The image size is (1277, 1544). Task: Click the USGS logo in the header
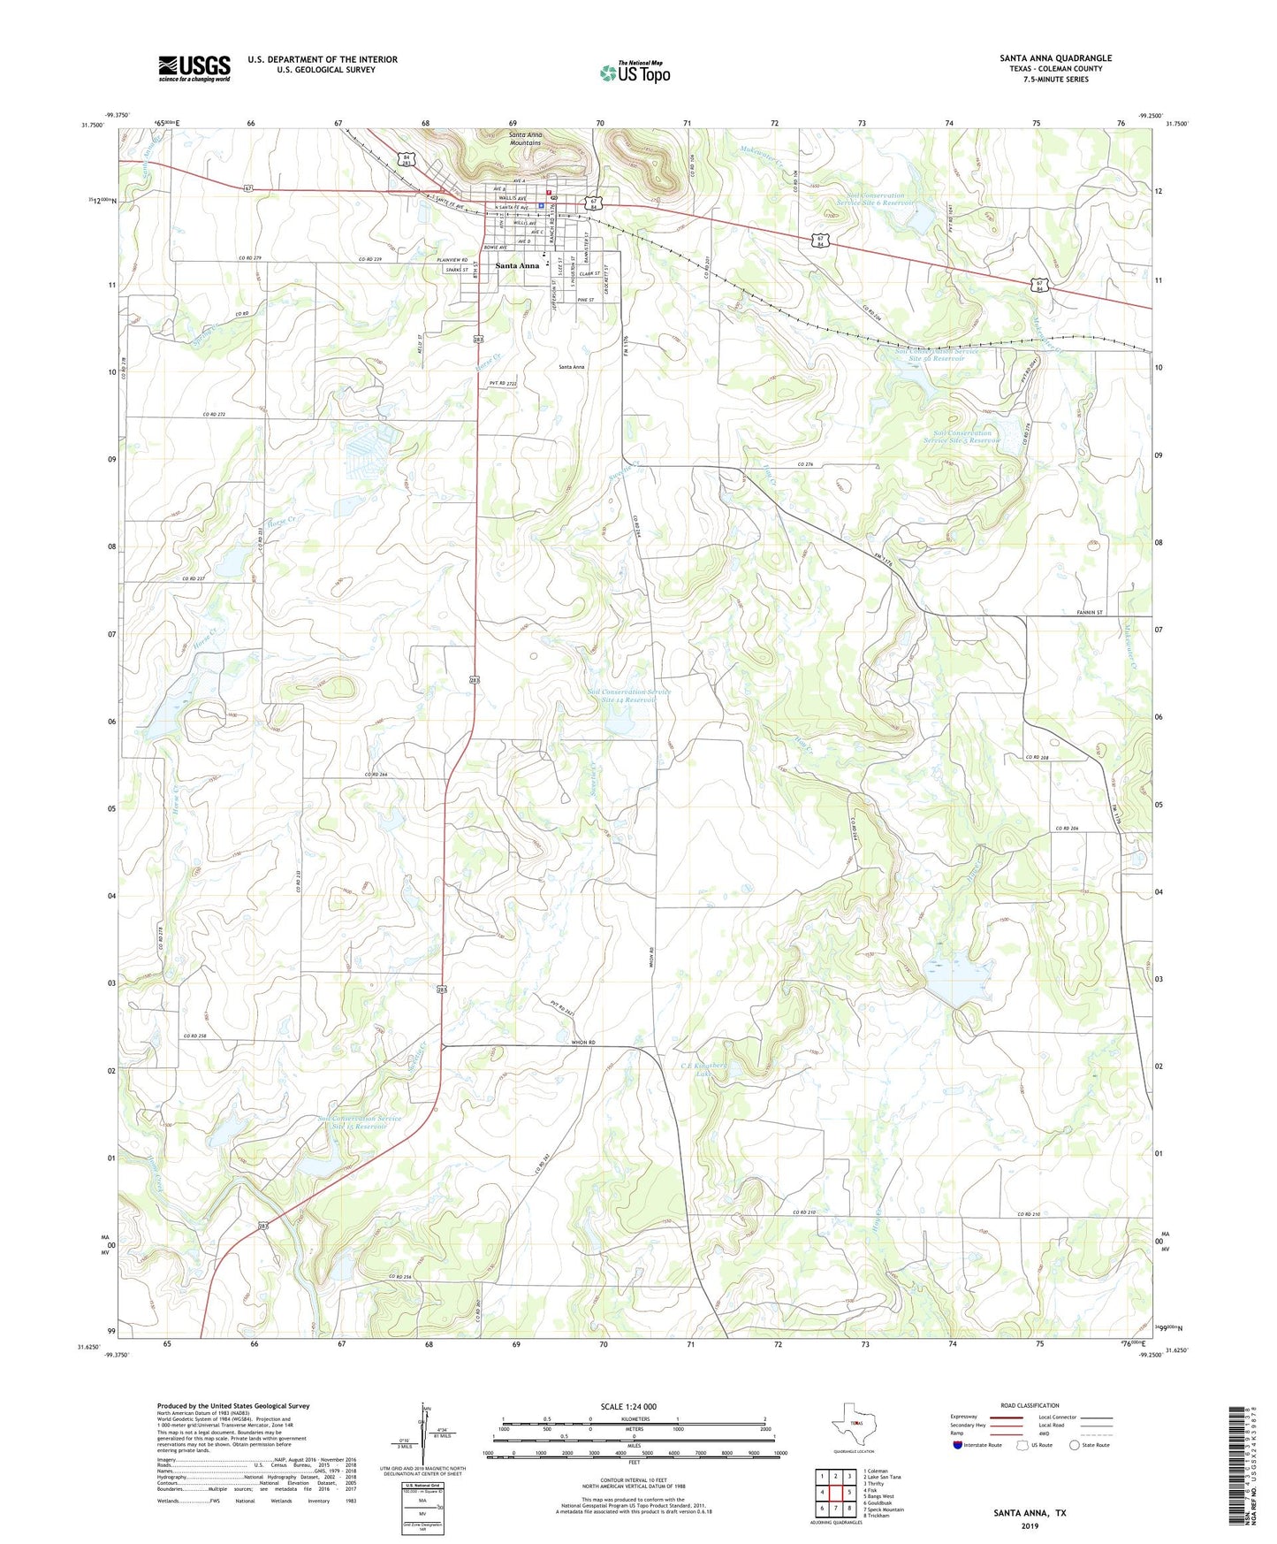click(x=194, y=68)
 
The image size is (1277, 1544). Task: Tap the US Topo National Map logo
click(x=634, y=72)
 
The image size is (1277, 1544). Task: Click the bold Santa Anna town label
click(x=516, y=265)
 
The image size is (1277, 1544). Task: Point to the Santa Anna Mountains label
click(x=526, y=139)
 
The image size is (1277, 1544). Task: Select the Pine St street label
click(x=585, y=300)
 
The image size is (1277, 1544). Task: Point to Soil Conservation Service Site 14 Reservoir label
click(x=629, y=696)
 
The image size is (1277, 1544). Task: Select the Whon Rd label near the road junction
click(x=583, y=1043)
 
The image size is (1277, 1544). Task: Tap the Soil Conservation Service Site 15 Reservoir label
click(x=360, y=1122)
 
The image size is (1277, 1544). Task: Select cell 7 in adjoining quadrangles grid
click(x=835, y=1509)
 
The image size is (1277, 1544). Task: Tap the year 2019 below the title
click(x=1030, y=1526)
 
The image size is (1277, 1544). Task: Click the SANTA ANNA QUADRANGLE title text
click(x=1055, y=58)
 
